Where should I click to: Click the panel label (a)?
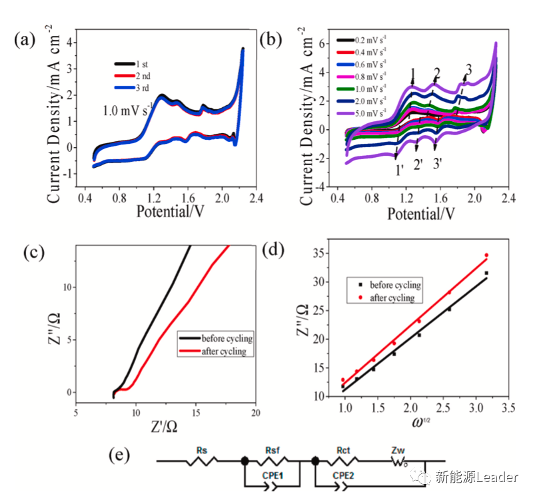(x=25, y=41)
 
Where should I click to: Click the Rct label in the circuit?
(x=344, y=450)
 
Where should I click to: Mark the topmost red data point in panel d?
(x=486, y=255)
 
